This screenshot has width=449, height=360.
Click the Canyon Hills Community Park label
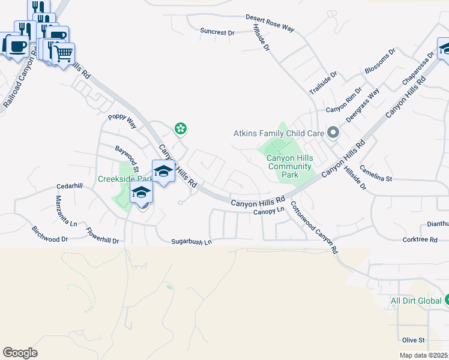point(290,166)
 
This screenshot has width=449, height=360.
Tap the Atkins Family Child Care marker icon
point(334,133)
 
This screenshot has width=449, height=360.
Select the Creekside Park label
point(124,179)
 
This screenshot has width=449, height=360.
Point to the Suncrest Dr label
point(217,32)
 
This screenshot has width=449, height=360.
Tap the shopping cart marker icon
point(62,54)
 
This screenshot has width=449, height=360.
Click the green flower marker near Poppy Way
point(179,128)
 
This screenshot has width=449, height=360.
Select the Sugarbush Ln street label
point(192,242)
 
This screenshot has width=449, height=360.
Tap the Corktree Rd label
point(420,239)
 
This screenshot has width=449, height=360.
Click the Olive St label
point(414,340)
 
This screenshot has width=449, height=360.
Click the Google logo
point(20,353)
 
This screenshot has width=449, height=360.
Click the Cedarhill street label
point(70,186)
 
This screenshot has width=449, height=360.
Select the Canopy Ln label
point(268,211)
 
